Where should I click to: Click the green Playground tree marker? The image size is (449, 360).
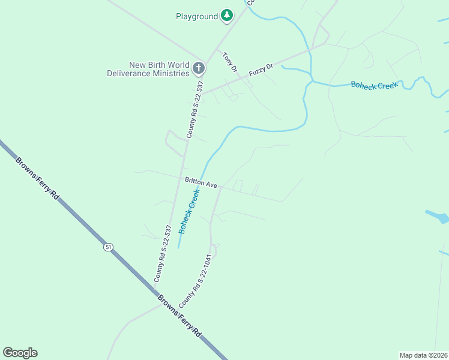point(226,15)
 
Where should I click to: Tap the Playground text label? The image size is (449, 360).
point(196,16)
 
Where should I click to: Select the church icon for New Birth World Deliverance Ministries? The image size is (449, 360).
point(199,69)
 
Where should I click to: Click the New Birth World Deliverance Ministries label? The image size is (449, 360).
point(148,69)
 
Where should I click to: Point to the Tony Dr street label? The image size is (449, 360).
point(229,61)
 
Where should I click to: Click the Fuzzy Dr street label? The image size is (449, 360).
point(261,69)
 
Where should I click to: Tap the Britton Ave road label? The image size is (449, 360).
point(200,182)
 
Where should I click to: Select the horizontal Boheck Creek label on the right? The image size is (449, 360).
point(374,86)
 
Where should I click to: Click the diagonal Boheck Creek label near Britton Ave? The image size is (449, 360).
point(188,211)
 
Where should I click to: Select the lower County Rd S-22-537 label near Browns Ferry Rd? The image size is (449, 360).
point(163,253)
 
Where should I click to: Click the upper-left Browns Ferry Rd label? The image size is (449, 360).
point(38,178)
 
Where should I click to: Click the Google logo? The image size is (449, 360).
point(20,353)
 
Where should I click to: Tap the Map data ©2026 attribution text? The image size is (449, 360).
point(423,355)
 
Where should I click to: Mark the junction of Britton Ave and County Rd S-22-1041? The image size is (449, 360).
point(220,187)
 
